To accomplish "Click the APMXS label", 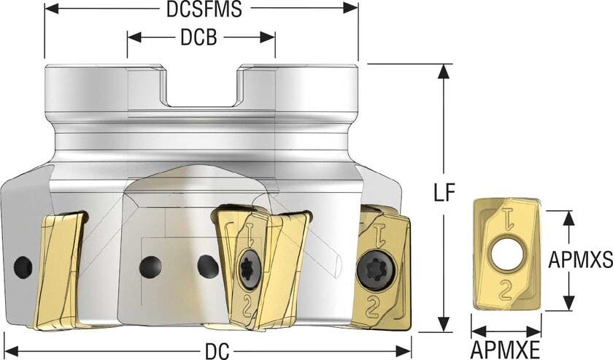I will point(579,259).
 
